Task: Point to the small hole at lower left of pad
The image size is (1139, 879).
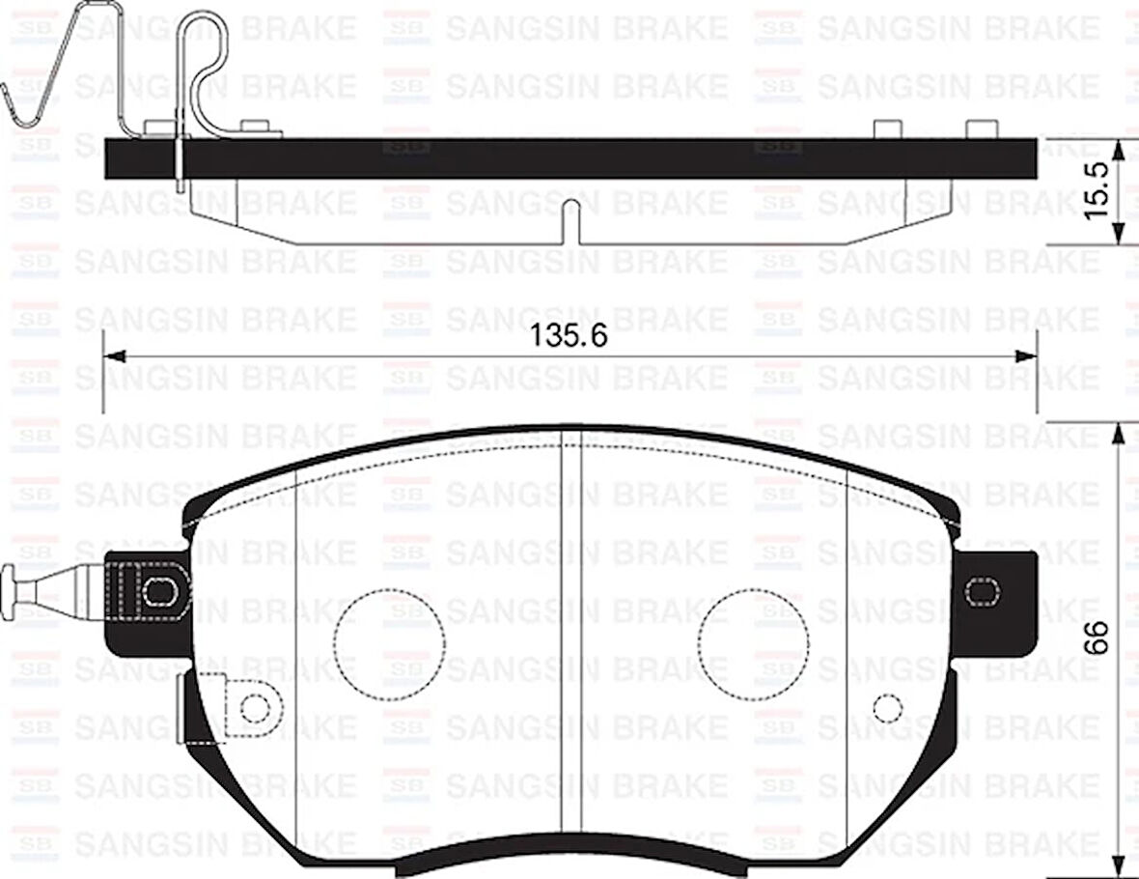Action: pos(254,708)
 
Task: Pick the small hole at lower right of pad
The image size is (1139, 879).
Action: pos(885,708)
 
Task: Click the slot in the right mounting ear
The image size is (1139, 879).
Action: pos(983,590)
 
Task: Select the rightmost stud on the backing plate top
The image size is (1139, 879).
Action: pos(981,129)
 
